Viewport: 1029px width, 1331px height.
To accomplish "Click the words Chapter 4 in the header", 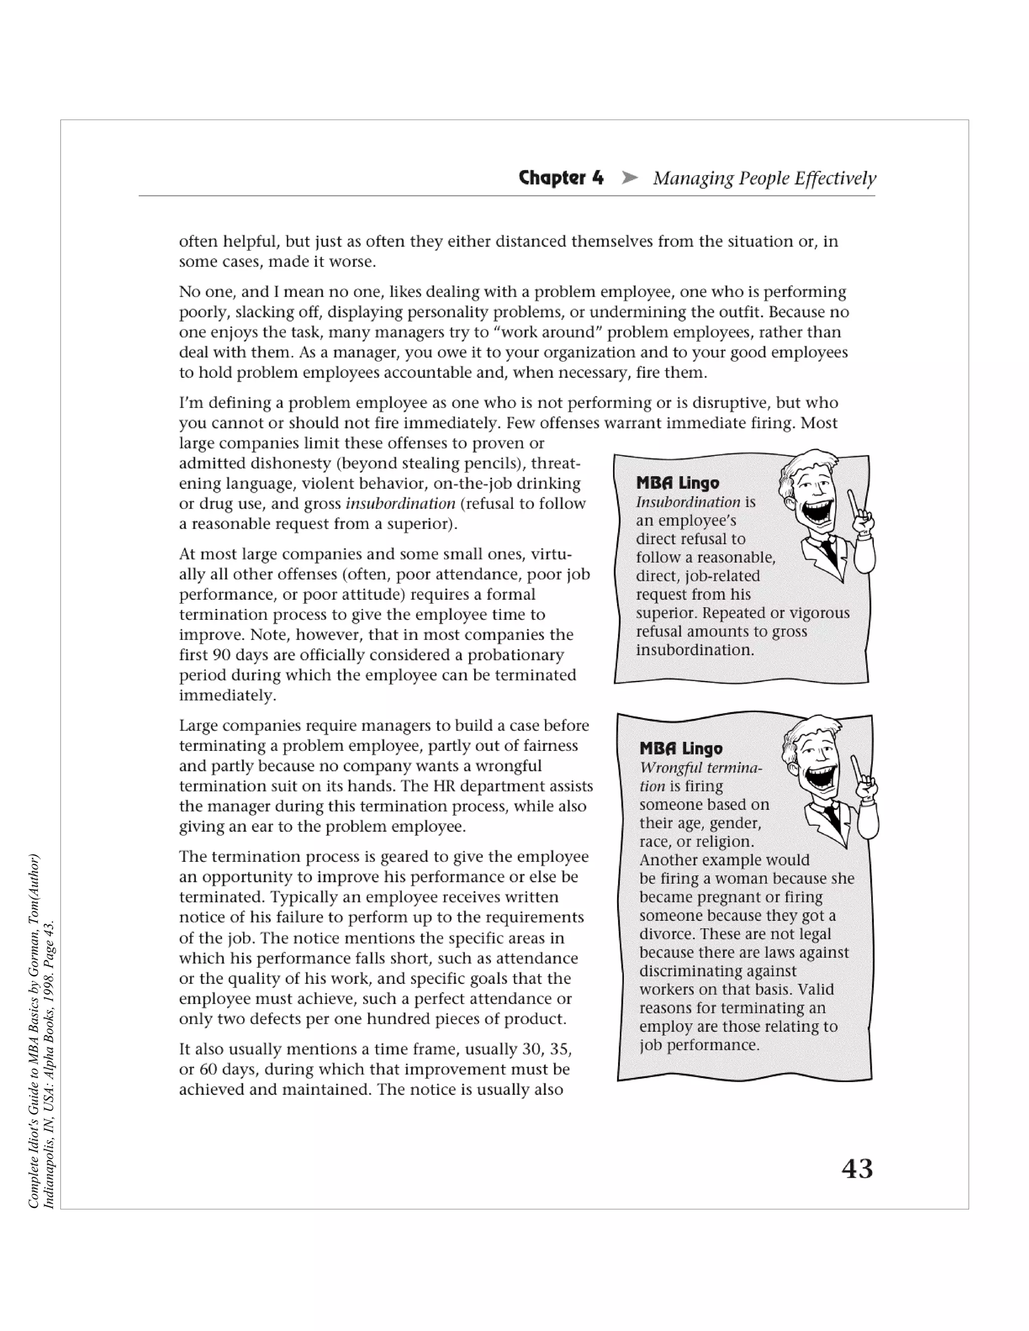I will pyautogui.click(x=561, y=178).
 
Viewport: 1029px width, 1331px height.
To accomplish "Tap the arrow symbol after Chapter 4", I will pyautogui.click(x=629, y=178).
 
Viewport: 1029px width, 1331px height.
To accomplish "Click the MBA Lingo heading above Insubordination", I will pyautogui.click(x=677, y=483).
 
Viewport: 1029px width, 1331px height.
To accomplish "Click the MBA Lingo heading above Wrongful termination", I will pyautogui.click(x=680, y=748).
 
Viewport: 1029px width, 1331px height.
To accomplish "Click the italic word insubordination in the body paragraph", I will pyautogui.click(x=400, y=504).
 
